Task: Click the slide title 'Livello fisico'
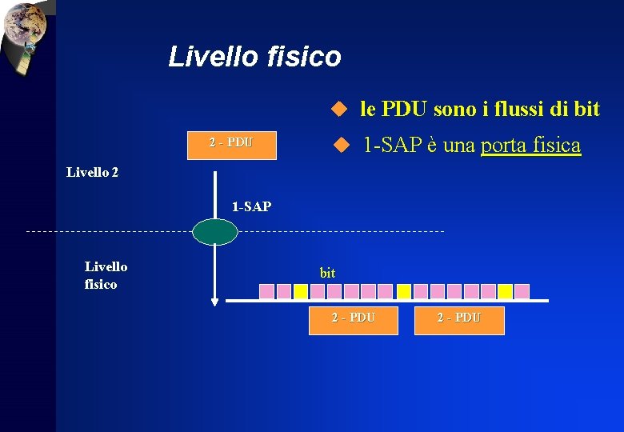254,57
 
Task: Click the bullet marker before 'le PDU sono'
338,109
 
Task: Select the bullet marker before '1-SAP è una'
342,146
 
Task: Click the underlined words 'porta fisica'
530,146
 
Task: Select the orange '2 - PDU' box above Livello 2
231,145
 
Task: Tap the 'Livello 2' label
92,172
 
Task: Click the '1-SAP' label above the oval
251,207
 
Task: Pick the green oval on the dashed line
214,231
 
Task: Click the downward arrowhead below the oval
214,302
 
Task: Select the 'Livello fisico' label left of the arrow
105,275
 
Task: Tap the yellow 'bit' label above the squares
327,273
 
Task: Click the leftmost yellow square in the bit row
300,291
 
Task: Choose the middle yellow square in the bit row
404,291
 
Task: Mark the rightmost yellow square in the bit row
506,291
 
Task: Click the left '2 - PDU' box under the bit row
353,318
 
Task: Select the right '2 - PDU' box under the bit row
459,318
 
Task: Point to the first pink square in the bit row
266,291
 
